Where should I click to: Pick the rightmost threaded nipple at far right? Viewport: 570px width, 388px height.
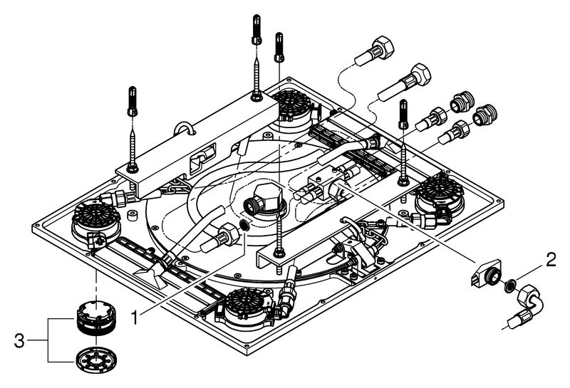pyautogui.click(x=486, y=112)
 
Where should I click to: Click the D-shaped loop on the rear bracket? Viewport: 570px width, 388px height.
pyautogui.click(x=187, y=129)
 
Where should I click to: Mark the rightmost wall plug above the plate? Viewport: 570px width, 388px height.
pyautogui.click(x=404, y=113)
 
